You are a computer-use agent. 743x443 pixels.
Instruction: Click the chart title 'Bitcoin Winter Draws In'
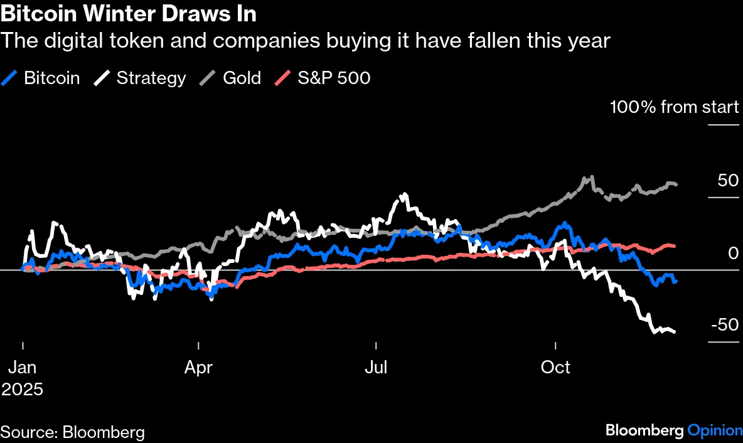tap(128, 13)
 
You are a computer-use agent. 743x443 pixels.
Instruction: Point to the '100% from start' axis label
tap(675, 107)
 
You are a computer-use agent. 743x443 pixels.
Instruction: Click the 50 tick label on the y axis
tap(728, 181)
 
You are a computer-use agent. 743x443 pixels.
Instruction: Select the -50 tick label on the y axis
tap(725, 325)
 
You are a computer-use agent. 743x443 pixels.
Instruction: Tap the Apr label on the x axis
tap(198, 366)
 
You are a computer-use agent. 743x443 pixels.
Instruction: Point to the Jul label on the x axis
tap(376, 366)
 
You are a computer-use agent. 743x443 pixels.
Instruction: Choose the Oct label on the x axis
tap(556, 366)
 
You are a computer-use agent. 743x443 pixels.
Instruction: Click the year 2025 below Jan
tap(22, 389)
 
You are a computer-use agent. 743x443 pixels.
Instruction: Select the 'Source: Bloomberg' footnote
tap(73, 432)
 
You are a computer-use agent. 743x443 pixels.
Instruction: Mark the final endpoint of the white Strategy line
tap(674, 331)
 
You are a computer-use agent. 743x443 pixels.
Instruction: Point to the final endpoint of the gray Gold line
tap(676, 184)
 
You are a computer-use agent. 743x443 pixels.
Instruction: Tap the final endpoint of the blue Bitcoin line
tap(675, 282)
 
